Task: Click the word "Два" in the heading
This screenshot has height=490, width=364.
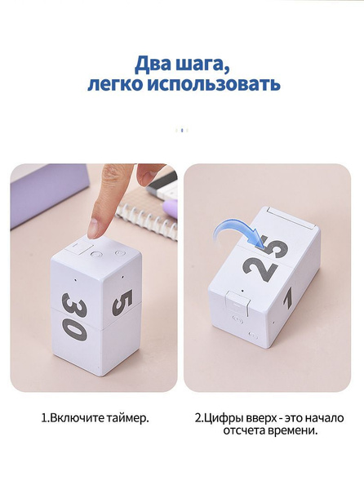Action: point(151,64)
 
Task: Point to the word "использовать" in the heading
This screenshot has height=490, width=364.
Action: point(214,83)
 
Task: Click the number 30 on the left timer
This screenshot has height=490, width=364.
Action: point(74,317)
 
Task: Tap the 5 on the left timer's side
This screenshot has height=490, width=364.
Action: point(122,302)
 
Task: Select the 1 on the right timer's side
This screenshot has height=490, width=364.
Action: point(288,297)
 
